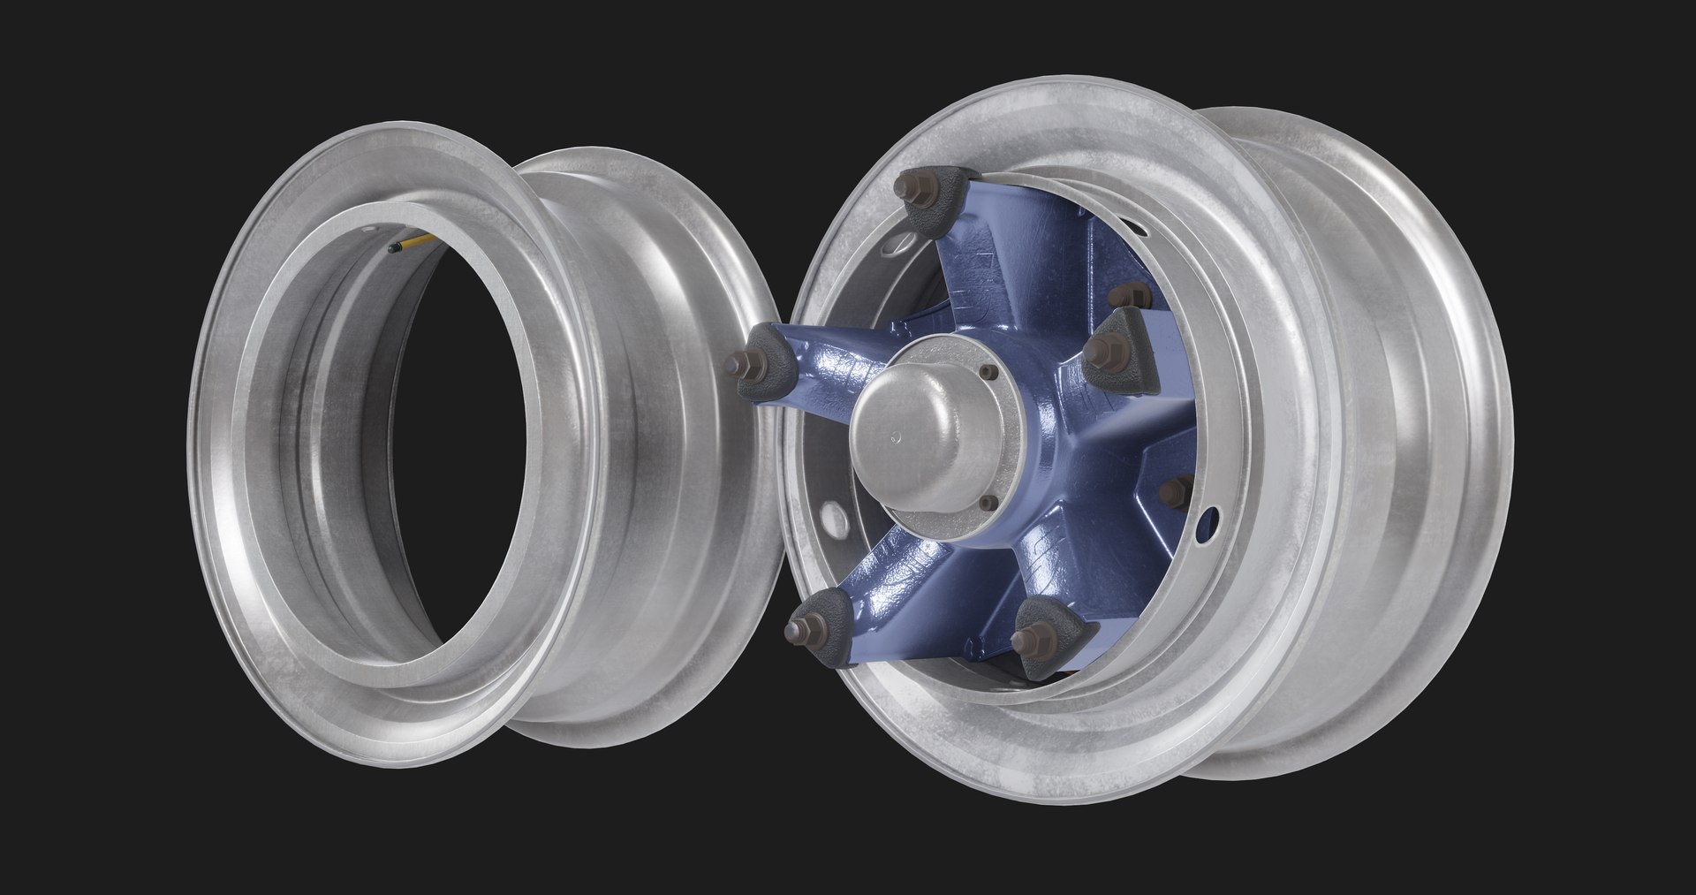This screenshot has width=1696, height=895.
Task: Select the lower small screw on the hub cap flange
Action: (988, 503)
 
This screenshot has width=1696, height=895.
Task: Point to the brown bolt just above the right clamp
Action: (1138, 292)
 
